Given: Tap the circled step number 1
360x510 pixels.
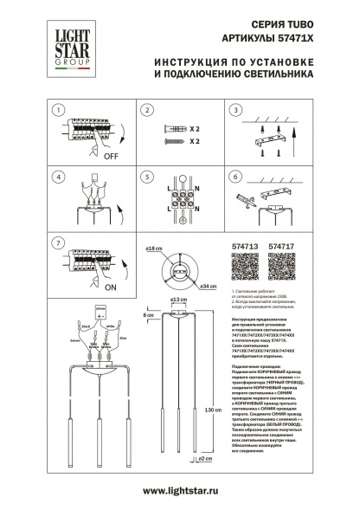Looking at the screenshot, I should click(57, 111).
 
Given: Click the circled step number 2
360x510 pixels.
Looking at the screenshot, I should click(147, 111).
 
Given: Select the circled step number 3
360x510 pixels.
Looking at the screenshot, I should click(234, 111).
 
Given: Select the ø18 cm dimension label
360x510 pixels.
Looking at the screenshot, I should click(155, 249).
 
